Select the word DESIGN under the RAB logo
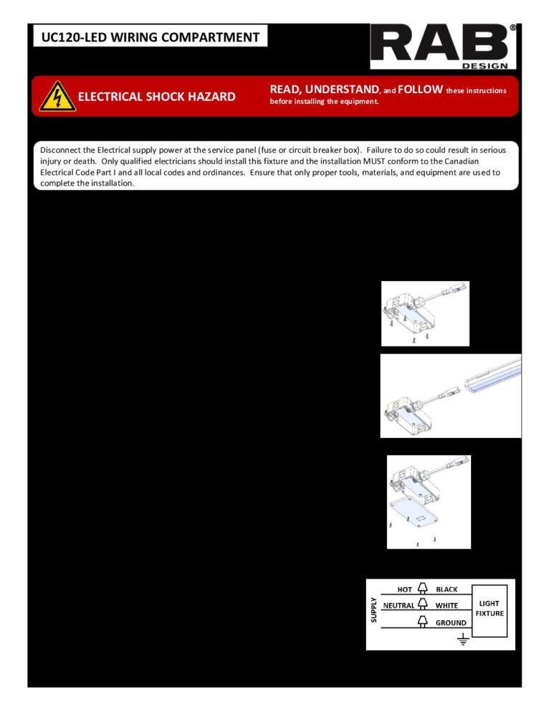pos(489,66)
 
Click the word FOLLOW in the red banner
pos(419,90)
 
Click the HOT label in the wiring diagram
pos(405,589)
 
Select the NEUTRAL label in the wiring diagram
pos(398,606)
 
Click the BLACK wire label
pos(446,589)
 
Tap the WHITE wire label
pos(446,606)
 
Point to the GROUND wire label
pos(451,623)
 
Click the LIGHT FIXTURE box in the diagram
pos(490,609)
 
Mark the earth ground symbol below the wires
pos(462,639)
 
